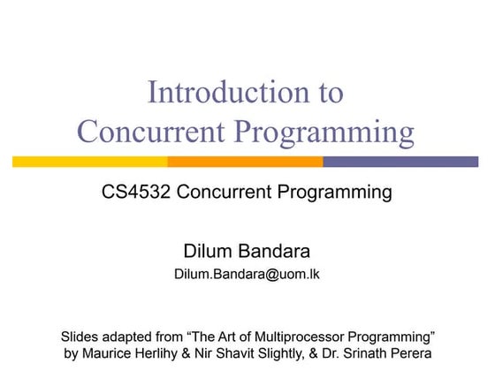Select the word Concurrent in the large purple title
pyautogui.click(x=151, y=132)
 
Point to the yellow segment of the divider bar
pyautogui.click(x=90, y=162)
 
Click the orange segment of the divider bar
pyautogui.click(x=246, y=162)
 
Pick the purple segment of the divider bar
pyautogui.click(x=401, y=162)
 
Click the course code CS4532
pyautogui.click(x=136, y=192)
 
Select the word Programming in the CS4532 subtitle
pyautogui.click(x=335, y=193)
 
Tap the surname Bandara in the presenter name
pyautogui.click(x=274, y=252)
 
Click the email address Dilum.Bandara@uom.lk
pyautogui.click(x=247, y=274)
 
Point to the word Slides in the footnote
pyautogui.click(x=80, y=337)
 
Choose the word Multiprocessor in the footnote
pyautogui.click(x=299, y=337)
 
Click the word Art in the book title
pyautogui.click(x=228, y=337)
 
